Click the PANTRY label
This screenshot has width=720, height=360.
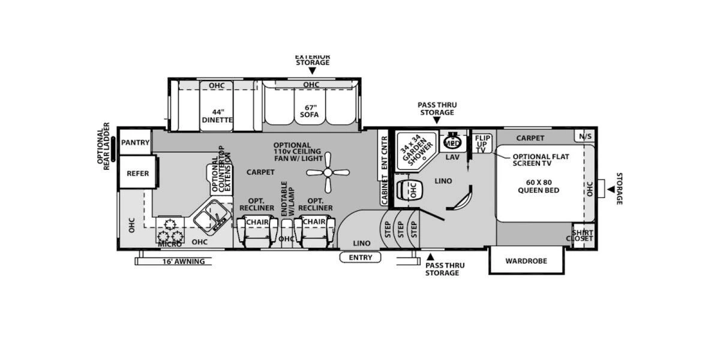(135, 142)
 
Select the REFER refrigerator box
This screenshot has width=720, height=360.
(137, 173)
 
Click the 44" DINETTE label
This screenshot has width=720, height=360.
(217, 116)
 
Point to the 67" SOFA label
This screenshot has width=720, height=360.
(310, 111)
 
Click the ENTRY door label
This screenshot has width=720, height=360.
(360, 257)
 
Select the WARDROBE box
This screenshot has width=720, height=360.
(526, 261)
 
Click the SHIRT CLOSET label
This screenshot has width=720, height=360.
(582, 235)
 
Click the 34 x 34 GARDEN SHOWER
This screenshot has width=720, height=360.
(416, 150)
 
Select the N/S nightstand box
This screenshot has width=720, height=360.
(584, 136)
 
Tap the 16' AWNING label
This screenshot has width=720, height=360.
(183, 262)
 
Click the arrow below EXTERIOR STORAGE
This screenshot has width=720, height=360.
(312, 71)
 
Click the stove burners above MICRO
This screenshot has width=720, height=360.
(169, 230)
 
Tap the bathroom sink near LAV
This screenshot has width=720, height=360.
(452, 143)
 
